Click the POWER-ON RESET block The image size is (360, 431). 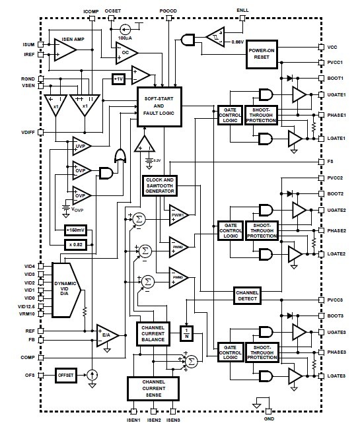tap(261, 53)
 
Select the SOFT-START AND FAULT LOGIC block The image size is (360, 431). tap(159, 106)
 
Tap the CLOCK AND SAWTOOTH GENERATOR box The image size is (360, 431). tap(159, 185)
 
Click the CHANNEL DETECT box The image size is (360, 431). tap(248, 297)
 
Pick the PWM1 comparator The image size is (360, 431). tap(178, 215)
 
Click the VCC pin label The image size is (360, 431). tap(332, 48)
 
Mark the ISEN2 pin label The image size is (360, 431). tap(154, 420)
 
